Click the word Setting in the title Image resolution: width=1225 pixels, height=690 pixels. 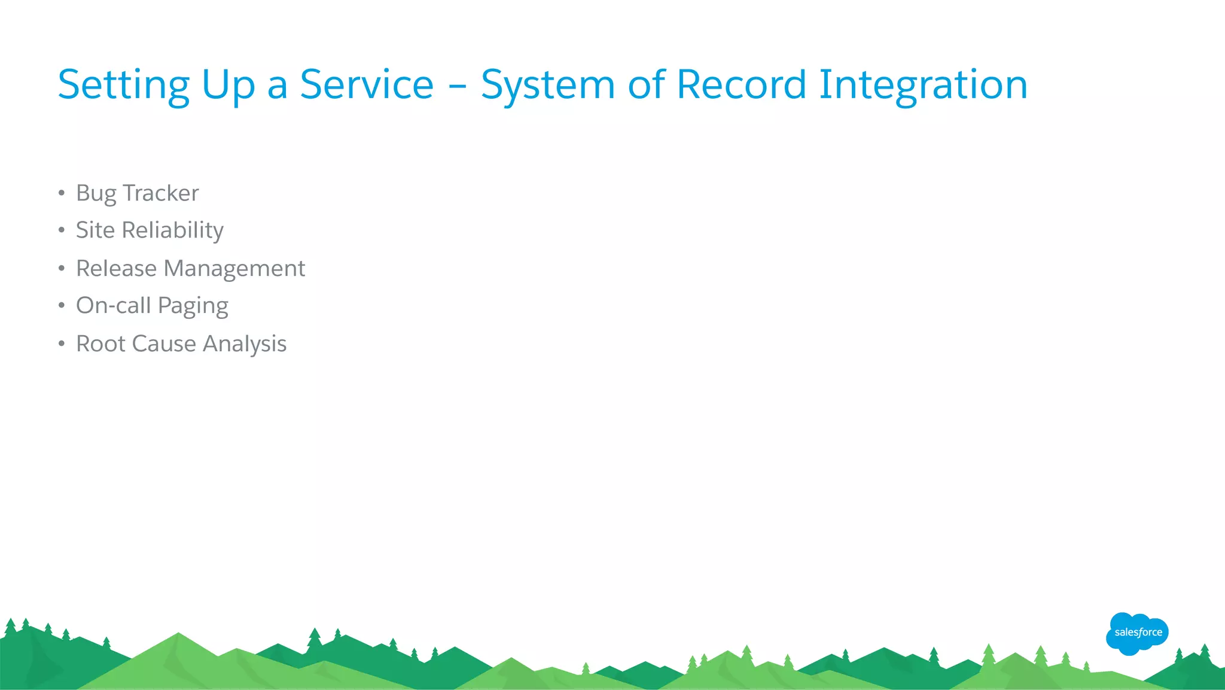coord(123,85)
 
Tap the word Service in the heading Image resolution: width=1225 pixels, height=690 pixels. coord(366,84)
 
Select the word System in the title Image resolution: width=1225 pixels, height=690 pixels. coord(547,85)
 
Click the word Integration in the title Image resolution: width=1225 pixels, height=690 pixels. coord(923,85)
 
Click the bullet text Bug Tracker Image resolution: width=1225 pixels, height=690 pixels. coord(137,193)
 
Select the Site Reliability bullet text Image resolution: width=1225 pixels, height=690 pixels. coord(150,230)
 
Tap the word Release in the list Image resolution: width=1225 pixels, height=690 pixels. coord(116,268)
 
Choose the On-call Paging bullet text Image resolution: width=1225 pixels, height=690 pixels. coord(152,306)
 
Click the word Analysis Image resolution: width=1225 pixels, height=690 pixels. coord(245,344)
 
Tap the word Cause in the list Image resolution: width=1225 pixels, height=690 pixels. coord(164,344)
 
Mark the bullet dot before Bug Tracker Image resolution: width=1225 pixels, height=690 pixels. coord(61,193)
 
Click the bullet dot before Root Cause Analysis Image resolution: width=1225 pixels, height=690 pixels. coord(61,344)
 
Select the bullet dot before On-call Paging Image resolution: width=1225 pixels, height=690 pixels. coord(61,305)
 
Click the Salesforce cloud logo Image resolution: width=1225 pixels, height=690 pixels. coord(1137,633)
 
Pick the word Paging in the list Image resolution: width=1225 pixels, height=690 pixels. coord(193,306)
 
